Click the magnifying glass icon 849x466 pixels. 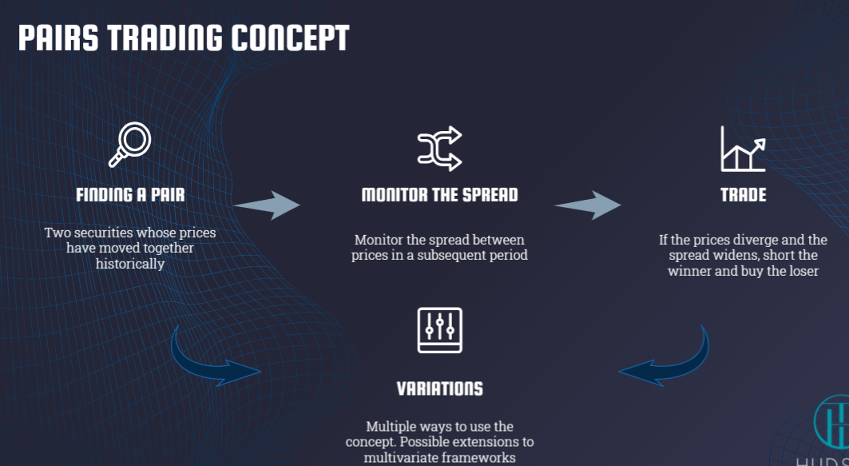130,145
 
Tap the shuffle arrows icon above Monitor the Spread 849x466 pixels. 439,149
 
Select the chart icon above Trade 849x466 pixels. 743,149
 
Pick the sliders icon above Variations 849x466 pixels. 439,330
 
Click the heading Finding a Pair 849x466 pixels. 130,195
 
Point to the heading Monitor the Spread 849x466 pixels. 439,195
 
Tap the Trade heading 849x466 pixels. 743,195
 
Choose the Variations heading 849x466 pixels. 439,388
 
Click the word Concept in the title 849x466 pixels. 290,38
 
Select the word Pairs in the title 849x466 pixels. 58,38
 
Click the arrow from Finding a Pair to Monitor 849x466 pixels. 267,205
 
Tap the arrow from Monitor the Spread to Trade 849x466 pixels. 588,205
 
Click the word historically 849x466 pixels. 130,264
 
